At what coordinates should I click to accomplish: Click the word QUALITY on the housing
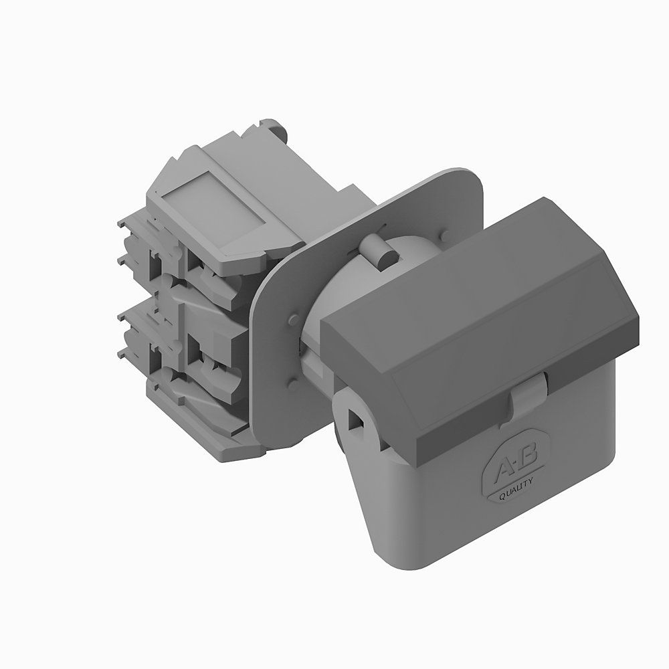516,488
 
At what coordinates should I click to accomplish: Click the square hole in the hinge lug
355,419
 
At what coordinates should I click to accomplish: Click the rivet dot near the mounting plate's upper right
444,235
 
